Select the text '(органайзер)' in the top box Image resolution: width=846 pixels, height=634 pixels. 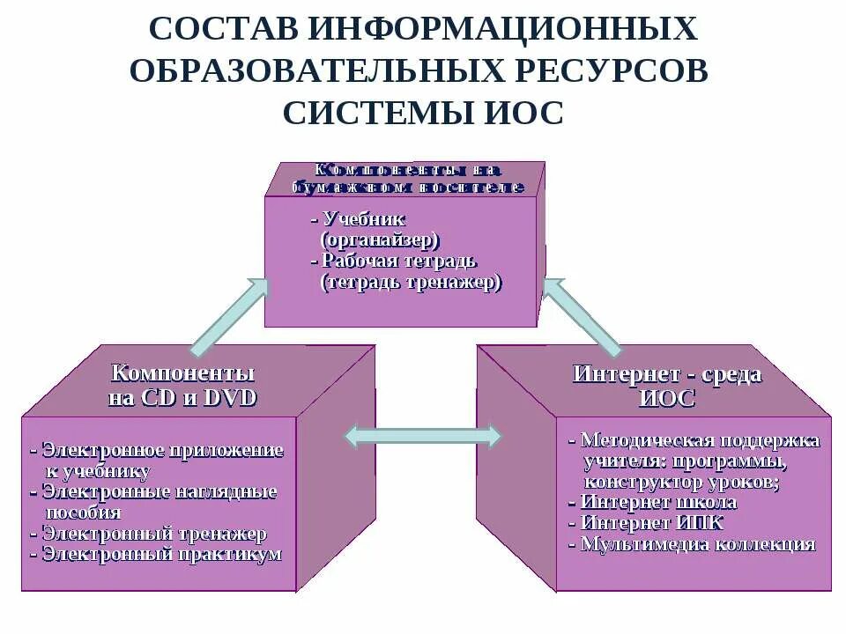pyautogui.click(x=380, y=240)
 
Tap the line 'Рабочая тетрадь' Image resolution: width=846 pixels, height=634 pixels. pyautogui.click(x=394, y=261)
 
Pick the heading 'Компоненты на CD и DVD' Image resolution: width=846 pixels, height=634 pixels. pyautogui.click(x=182, y=385)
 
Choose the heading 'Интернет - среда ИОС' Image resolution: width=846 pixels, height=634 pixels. pyautogui.click(x=666, y=386)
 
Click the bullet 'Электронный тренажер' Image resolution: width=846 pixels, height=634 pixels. pyautogui.click(x=149, y=534)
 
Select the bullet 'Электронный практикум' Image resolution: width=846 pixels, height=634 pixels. pyautogui.click(x=156, y=554)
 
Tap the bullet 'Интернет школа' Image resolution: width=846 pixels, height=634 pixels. pyautogui.click(x=653, y=502)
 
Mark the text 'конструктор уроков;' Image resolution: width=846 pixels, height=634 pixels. pyautogui.click(x=680, y=482)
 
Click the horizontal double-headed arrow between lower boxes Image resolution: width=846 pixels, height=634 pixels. pyautogui.click(x=422, y=435)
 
